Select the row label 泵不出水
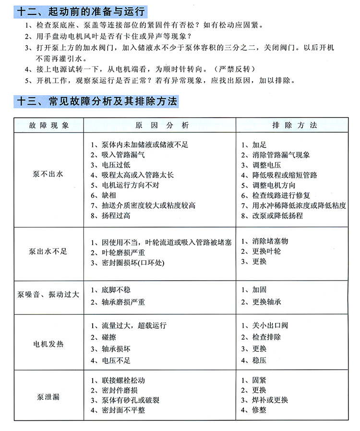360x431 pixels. [48, 174]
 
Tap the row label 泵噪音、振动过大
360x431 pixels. [48, 295]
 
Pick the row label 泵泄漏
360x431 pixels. [48, 396]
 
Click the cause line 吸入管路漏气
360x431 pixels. [117, 155]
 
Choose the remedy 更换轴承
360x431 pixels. [264, 302]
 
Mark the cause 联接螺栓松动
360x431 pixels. [120, 381]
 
